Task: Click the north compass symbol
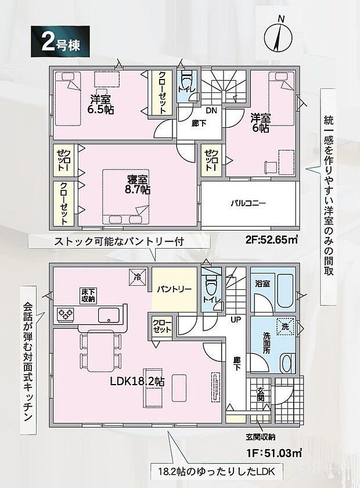[278, 36]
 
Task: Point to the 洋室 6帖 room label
[260, 123]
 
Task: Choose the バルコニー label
[248, 204]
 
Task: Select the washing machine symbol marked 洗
[285, 327]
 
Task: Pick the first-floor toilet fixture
[211, 286]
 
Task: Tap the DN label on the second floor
[211, 110]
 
